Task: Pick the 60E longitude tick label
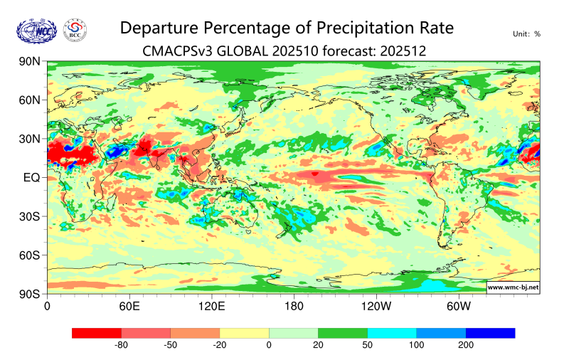[x=129, y=307]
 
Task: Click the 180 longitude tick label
[x=294, y=307]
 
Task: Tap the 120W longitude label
[x=376, y=307]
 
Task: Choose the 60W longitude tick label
[x=459, y=307]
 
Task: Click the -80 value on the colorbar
[x=121, y=345]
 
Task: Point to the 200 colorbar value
[x=465, y=345]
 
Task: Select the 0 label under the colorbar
[x=269, y=345]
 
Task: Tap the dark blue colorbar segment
[x=490, y=333]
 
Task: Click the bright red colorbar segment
[x=97, y=333]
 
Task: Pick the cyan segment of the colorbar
[x=392, y=333]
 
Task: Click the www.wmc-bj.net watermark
[x=513, y=287]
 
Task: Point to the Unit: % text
[x=526, y=33]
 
